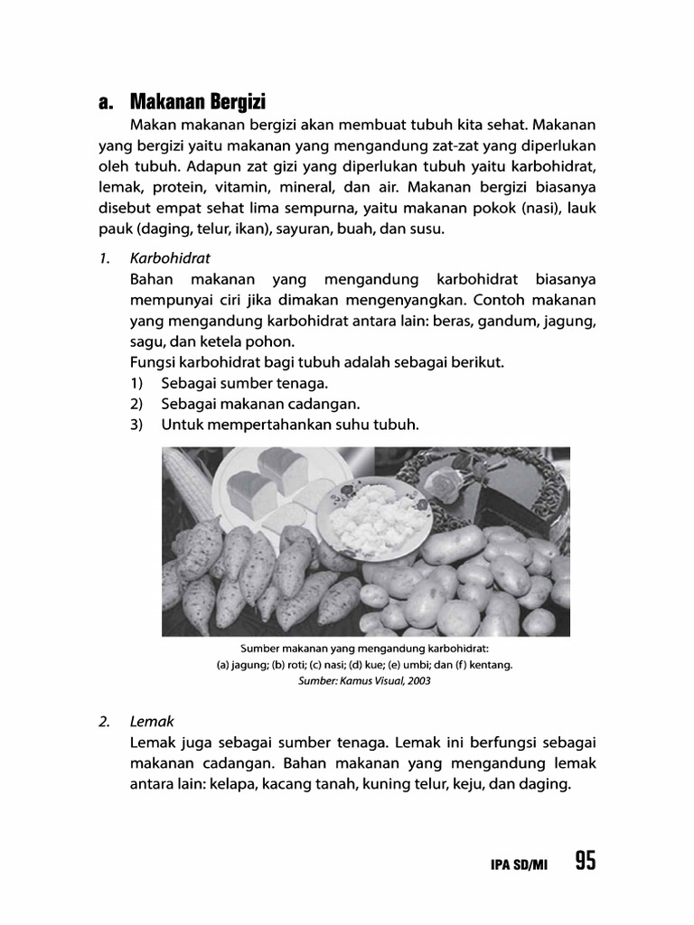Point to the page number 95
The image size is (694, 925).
(585, 862)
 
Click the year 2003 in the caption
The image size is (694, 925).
(417, 682)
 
